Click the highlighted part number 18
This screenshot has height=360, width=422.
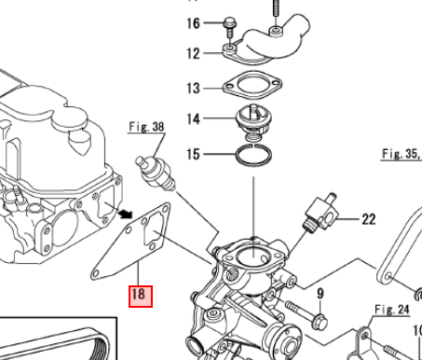[141, 297]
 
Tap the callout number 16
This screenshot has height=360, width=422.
[193, 23]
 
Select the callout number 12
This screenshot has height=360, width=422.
[193, 53]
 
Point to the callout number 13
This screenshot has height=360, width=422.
[193, 89]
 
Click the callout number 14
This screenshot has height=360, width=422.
[193, 118]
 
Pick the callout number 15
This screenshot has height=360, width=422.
[193, 154]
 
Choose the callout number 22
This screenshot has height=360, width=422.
[369, 219]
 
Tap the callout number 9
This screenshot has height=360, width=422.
[320, 294]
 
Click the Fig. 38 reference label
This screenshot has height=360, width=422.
[146, 127]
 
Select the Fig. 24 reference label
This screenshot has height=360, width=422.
[392, 310]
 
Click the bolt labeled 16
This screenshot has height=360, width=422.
[230, 29]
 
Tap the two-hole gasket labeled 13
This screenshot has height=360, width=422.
[252, 85]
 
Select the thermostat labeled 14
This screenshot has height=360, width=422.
[254, 121]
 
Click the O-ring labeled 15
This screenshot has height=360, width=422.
[253, 155]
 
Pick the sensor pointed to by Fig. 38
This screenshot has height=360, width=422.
[156, 173]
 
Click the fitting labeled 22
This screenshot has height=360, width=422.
[320, 213]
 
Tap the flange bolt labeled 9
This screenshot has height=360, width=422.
[306, 313]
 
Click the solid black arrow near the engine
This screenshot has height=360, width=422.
[126, 214]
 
